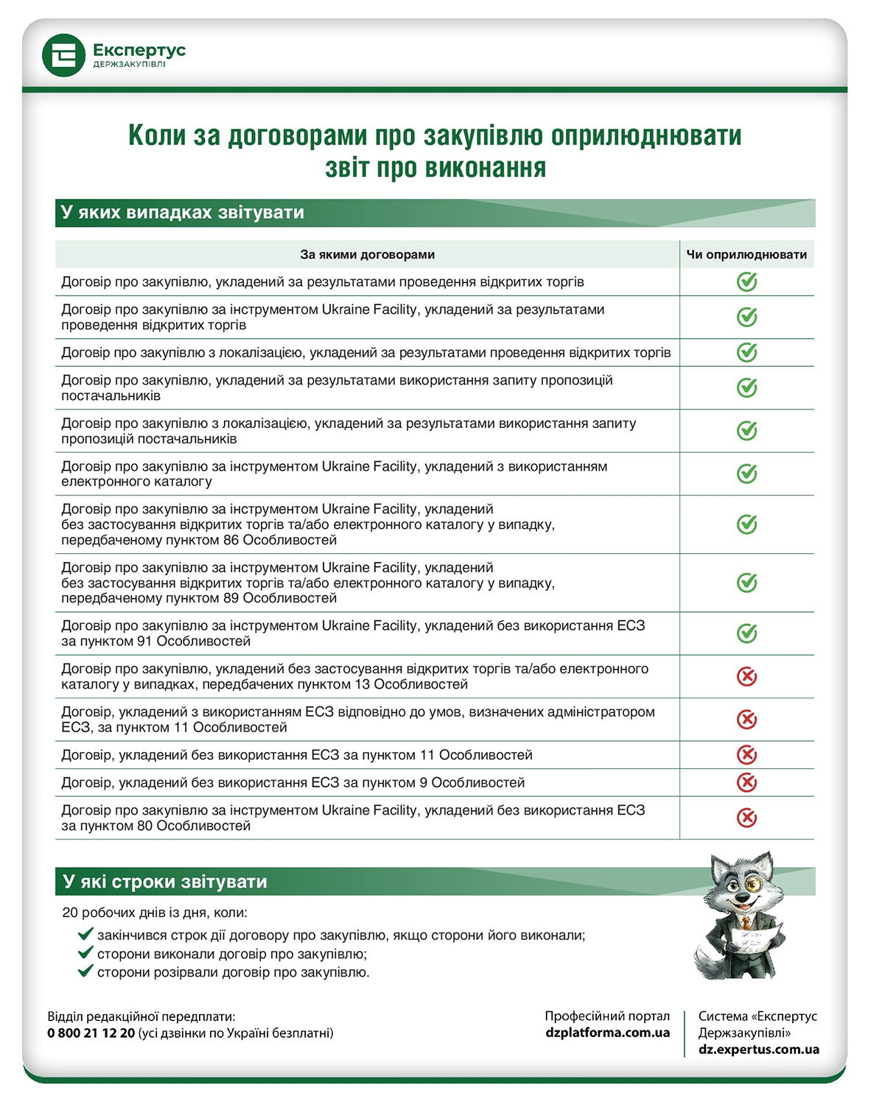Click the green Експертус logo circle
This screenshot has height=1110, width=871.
64,55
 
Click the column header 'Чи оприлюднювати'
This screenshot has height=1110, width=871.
746,255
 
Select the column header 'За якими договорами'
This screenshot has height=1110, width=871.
367,255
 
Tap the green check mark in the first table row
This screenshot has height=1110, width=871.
746,282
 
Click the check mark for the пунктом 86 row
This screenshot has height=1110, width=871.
746,524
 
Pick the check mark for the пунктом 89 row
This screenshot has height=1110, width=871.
746,583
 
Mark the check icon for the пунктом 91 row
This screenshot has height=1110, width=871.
746,633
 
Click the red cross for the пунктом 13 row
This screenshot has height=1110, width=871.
746,676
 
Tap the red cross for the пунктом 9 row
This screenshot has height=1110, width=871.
746,782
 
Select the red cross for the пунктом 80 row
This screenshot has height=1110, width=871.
746,818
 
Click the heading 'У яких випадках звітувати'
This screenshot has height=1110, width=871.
183,213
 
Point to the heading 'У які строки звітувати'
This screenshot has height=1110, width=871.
165,882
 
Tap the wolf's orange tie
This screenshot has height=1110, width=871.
746,923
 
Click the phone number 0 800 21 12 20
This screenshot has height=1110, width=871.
91,1033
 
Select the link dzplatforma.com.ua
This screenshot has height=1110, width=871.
607,1033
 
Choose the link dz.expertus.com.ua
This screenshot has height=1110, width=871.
758,1050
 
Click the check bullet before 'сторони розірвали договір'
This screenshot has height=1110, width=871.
85,972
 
